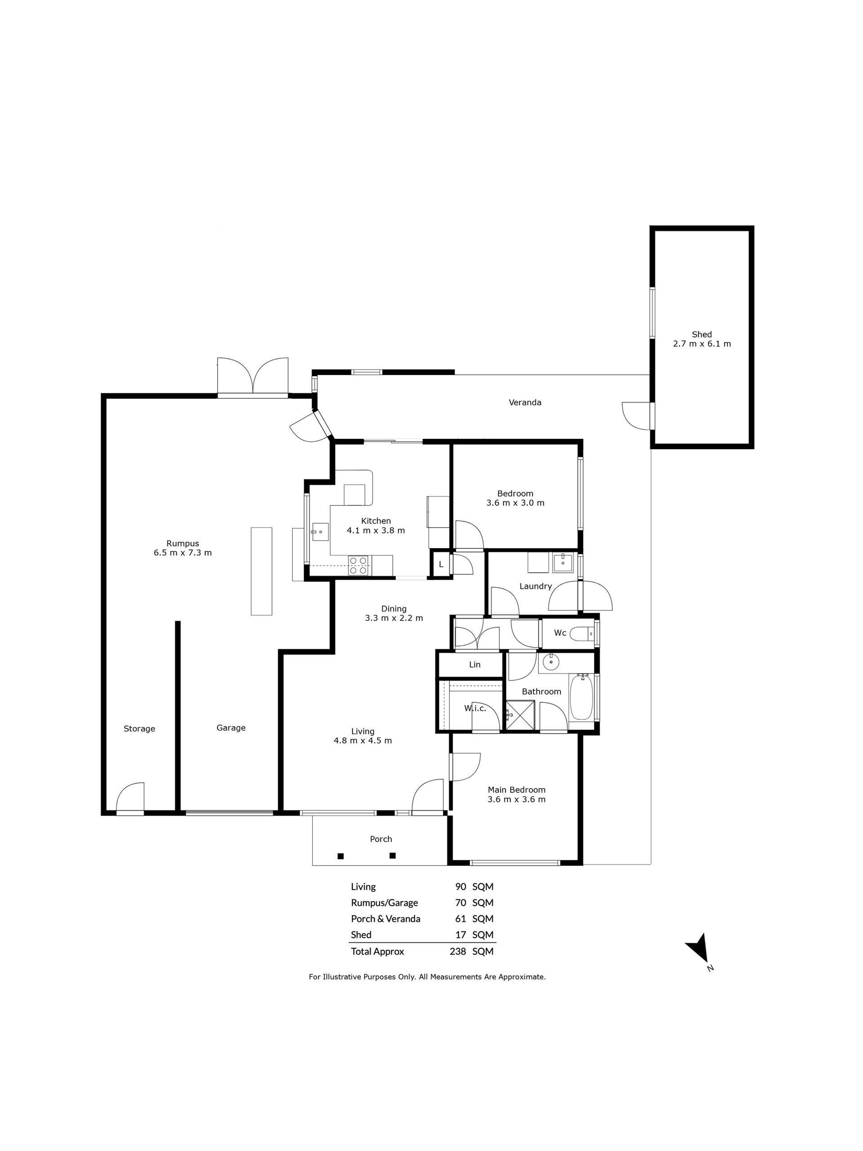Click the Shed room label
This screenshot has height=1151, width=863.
pyautogui.click(x=701, y=334)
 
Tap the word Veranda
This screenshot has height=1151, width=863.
pyautogui.click(x=525, y=402)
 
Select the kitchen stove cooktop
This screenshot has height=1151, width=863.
pyautogui.click(x=358, y=565)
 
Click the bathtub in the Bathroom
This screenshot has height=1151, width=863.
pyautogui.click(x=581, y=697)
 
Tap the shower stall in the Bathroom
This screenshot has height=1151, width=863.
pyautogui.click(x=520, y=715)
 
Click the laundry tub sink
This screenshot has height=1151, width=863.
pyautogui.click(x=562, y=562)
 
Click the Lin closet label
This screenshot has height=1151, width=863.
pyautogui.click(x=474, y=665)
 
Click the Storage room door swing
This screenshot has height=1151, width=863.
pyautogui.click(x=130, y=797)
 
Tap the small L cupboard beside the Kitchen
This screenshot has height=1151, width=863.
pyautogui.click(x=440, y=563)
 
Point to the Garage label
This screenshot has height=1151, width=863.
pyautogui.click(x=231, y=728)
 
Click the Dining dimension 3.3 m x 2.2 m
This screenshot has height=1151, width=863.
pyautogui.click(x=394, y=618)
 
